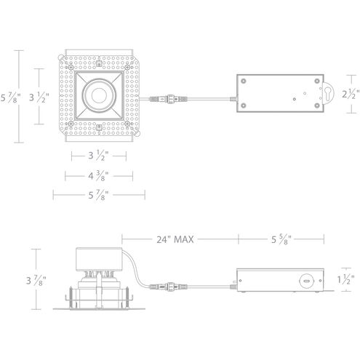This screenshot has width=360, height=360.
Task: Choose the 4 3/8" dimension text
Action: click(98, 175)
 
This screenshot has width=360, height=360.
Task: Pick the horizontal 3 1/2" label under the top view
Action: click(98, 156)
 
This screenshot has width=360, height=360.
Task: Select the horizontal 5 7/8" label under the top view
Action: click(98, 195)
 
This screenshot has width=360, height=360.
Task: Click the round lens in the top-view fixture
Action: click(98, 95)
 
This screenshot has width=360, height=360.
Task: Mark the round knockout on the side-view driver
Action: click(308, 279)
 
